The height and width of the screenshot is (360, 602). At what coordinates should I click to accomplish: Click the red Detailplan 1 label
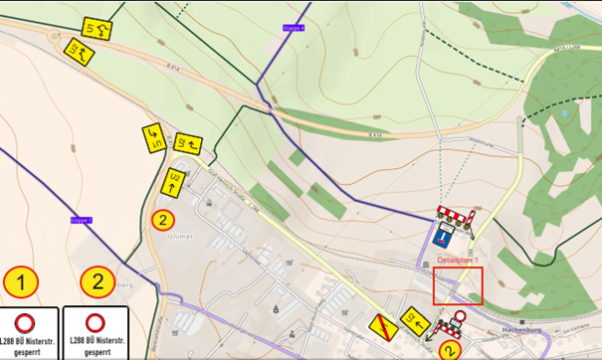[x=459, y=260]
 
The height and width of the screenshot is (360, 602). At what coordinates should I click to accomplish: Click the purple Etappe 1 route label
[x=82, y=220]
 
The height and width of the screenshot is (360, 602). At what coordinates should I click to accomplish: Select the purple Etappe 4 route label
[x=295, y=28]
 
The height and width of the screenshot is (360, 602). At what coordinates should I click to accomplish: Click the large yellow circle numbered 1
[x=21, y=283]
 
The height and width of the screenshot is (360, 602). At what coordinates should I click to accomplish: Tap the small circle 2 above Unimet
[x=161, y=218]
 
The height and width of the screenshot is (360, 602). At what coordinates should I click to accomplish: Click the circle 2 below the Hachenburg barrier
[x=451, y=349]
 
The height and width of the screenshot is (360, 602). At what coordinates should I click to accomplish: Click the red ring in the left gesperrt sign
[x=30, y=322]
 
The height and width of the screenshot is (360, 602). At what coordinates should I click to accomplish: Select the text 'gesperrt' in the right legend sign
[x=98, y=352]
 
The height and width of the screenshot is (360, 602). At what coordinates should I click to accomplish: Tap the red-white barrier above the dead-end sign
[x=454, y=214]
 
